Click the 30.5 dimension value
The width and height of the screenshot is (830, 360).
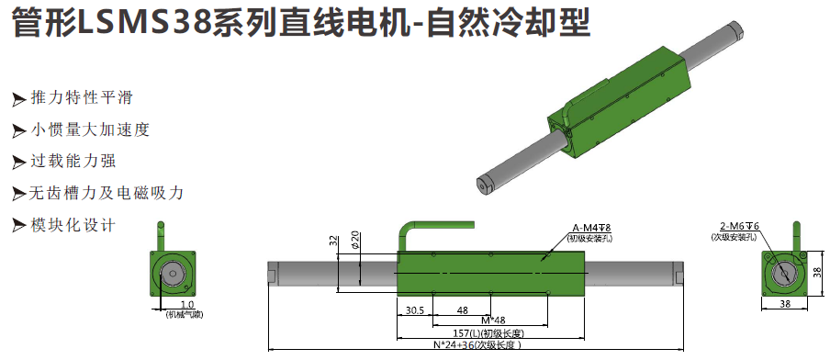(415, 310)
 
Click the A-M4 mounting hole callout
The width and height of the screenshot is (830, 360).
(591, 228)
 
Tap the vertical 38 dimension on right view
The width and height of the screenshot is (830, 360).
(818, 273)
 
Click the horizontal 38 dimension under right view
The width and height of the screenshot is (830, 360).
(785, 304)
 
